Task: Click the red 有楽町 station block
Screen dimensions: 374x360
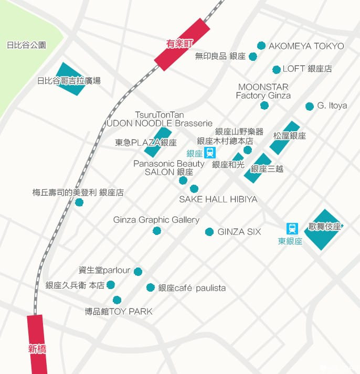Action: (x=182, y=44)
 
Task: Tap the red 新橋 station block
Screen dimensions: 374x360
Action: (x=36, y=344)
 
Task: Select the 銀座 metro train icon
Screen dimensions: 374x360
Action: (x=210, y=153)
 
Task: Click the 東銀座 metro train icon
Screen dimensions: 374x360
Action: (x=292, y=229)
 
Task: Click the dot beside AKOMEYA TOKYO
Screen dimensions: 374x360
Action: (x=261, y=46)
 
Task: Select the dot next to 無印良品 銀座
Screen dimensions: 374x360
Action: (x=253, y=57)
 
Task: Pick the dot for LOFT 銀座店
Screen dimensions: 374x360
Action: (x=277, y=69)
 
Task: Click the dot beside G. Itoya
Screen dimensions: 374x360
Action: (x=310, y=106)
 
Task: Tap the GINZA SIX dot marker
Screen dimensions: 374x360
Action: (x=209, y=232)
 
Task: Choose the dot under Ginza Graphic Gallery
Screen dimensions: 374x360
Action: (x=156, y=231)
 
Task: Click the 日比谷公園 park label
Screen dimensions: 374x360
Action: (x=26, y=45)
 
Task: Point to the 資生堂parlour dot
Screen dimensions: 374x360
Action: (x=138, y=271)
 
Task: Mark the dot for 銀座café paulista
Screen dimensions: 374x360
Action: (x=151, y=287)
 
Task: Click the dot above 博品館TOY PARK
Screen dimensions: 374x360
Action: (x=117, y=300)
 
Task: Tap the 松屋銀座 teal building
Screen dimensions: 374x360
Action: (x=284, y=138)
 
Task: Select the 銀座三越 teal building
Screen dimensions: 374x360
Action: (x=258, y=168)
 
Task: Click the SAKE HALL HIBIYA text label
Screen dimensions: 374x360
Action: (x=218, y=199)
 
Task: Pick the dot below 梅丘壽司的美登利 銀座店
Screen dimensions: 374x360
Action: (x=79, y=202)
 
